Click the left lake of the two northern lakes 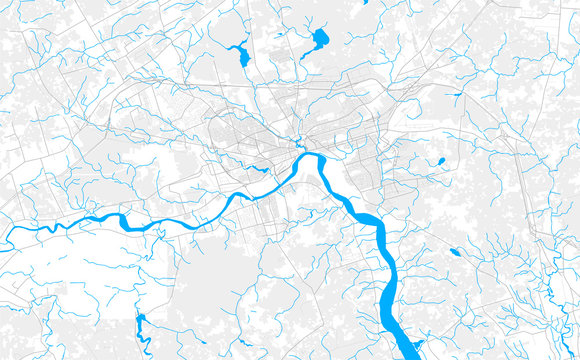(243, 55)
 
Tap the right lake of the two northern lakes (320, 40)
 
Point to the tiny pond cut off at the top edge (365, 2)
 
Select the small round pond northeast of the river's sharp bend (440, 161)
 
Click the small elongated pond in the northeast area (457, 95)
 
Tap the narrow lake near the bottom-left (141, 324)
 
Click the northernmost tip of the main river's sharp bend (311, 154)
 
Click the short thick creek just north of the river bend (298, 141)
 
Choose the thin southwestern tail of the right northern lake (306, 54)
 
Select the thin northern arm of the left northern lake (238, 45)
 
